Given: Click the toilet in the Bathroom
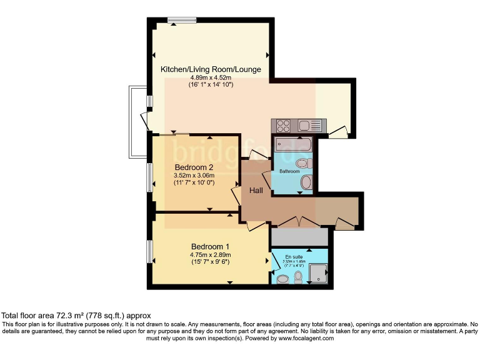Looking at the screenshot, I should (307, 182).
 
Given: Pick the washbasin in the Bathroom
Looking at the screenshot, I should (309, 164).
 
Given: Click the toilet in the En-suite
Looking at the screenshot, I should (298, 276).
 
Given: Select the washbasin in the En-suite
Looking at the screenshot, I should (282, 279).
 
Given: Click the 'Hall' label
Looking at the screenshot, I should (256, 190).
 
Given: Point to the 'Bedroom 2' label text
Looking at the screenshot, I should (194, 167).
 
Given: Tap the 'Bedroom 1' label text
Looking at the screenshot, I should (211, 246).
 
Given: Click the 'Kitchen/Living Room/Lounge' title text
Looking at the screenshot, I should (211, 69).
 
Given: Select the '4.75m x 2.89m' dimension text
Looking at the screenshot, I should (211, 254).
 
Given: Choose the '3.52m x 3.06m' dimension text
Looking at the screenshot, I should (194, 176).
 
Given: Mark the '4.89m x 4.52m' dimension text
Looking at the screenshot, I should (211, 77).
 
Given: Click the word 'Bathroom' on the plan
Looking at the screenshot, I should (289, 171).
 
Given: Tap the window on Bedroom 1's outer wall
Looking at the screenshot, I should (149, 251).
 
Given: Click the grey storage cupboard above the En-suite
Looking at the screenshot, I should (299, 237).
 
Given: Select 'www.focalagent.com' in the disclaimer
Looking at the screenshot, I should (306, 338).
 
